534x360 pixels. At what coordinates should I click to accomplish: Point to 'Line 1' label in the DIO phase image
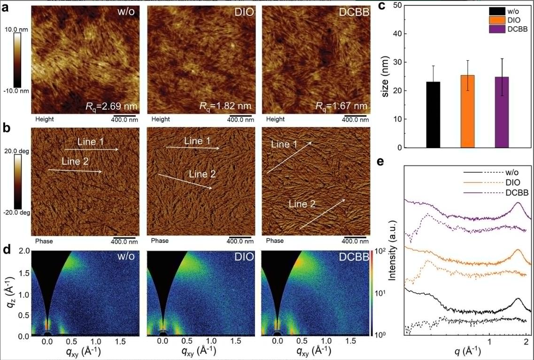[197, 141]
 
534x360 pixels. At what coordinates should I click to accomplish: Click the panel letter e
[381, 162]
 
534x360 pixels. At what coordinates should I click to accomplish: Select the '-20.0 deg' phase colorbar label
[16, 212]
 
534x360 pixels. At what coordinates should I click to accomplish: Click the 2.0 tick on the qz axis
[22, 251]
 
